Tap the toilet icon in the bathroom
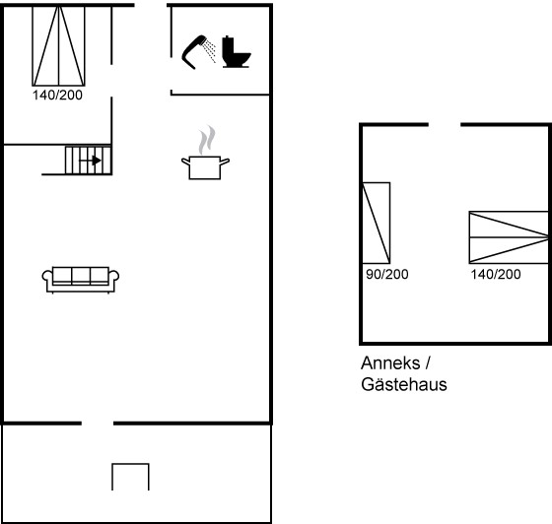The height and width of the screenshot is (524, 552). (x=237, y=51)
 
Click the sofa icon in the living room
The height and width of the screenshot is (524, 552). (x=81, y=280)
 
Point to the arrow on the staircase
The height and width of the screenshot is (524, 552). (x=90, y=161)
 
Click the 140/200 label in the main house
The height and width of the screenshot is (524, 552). (x=57, y=95)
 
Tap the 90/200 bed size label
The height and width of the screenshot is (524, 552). (x=387, y=274)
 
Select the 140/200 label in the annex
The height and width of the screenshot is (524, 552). (x=496, y=274)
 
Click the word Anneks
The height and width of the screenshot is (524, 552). (x=390, y=362)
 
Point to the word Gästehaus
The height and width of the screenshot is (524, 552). (x=404, y=384)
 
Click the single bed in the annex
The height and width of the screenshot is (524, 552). (x=377, y=223)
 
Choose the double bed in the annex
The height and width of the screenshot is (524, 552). (x=509, y=237)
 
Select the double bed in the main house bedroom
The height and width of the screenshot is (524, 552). (x=58, y=46)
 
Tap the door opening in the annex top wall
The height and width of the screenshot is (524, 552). (x=445, y=124)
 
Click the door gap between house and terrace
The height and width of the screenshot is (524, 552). (x=98, y=424)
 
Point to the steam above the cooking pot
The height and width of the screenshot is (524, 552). (x=207, y=140)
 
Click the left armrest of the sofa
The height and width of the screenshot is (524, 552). (x=47, y=277)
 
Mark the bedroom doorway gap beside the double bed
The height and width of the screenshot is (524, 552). (x=111, y=81)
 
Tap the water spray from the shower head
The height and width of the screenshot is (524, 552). (x=210, y=51)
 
